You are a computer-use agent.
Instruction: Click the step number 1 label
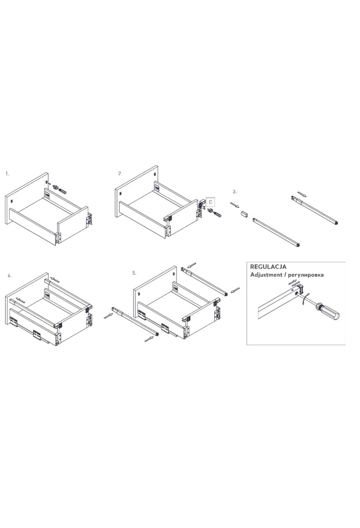[7, 174]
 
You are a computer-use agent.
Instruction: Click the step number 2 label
[120, 173]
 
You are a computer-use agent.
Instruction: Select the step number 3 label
[235, 191]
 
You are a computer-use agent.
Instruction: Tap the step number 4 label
[10, 275]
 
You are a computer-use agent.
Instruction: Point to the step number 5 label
[134, 273]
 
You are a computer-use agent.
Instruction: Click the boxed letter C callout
[211, 202]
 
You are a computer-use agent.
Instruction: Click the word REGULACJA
[268, 266]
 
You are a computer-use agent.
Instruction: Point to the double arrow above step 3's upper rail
[302, 194]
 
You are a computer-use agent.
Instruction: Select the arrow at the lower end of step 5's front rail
[149, 339]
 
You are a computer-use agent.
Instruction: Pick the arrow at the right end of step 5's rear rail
[236, 290]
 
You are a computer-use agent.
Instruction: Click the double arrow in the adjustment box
[293, 283]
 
